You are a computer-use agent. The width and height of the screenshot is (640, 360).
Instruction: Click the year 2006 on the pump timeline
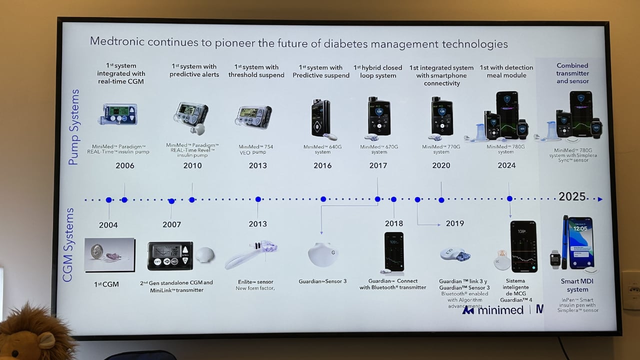(x=124, y=165)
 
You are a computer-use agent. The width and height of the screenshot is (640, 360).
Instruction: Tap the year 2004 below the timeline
(x=108, y=225)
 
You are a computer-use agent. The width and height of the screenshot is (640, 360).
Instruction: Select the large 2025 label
(x=572, y=196)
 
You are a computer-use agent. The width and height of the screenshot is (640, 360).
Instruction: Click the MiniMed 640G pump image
(x=320, y=118)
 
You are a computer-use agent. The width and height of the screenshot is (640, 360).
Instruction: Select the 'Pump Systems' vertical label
(x=73, y=127)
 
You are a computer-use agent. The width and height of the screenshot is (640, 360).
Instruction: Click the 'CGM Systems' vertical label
(x=68, y=245)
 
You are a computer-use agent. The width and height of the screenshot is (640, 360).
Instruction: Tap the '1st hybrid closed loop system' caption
(x=378, y=71)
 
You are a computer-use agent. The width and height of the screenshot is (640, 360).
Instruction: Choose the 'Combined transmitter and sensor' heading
(x=572, y=73)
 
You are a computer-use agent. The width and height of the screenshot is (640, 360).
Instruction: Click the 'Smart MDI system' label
(x=577, y=285)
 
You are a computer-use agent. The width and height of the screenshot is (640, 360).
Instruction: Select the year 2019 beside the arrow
(x=454, y=224)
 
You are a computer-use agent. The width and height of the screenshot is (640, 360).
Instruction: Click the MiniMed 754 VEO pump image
(x=253, y=117)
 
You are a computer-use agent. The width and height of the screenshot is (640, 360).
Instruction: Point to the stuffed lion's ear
(x=46, y=340)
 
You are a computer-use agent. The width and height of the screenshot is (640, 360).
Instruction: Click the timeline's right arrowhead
(x=600, y=199)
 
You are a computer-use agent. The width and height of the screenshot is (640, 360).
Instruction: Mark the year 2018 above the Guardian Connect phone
(x=394, y=223)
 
